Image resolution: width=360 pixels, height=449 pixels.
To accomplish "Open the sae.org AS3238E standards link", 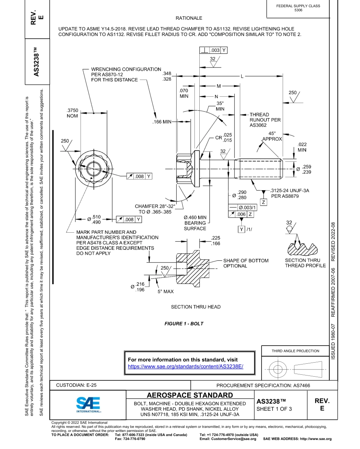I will (x=185, y=366).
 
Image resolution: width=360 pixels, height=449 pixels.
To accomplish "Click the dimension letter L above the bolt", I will (x=241, y=76).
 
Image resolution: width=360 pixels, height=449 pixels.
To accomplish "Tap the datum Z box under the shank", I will (x=264, y=202).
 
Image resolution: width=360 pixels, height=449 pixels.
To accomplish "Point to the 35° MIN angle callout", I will (x=220, y=106).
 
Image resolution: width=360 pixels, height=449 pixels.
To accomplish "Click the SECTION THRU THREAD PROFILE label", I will (x=305, y=263).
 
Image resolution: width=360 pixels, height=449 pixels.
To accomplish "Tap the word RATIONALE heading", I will (x=189, y=18).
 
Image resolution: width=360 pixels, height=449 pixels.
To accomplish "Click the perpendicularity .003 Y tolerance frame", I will (x=213, y=50).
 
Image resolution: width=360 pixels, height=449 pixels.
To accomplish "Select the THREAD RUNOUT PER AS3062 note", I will (x=265, y=120).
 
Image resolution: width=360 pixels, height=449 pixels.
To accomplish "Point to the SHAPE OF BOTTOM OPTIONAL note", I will (x=246, y=263).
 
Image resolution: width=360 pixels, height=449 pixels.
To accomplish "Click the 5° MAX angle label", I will (x=166, y=292).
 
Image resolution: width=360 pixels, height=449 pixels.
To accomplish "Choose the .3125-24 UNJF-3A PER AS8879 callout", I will (x=289, y=193).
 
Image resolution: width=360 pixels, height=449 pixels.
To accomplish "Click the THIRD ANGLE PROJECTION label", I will (x=295, y=351).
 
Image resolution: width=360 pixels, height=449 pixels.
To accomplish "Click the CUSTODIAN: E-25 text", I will (x=76, y=385).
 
